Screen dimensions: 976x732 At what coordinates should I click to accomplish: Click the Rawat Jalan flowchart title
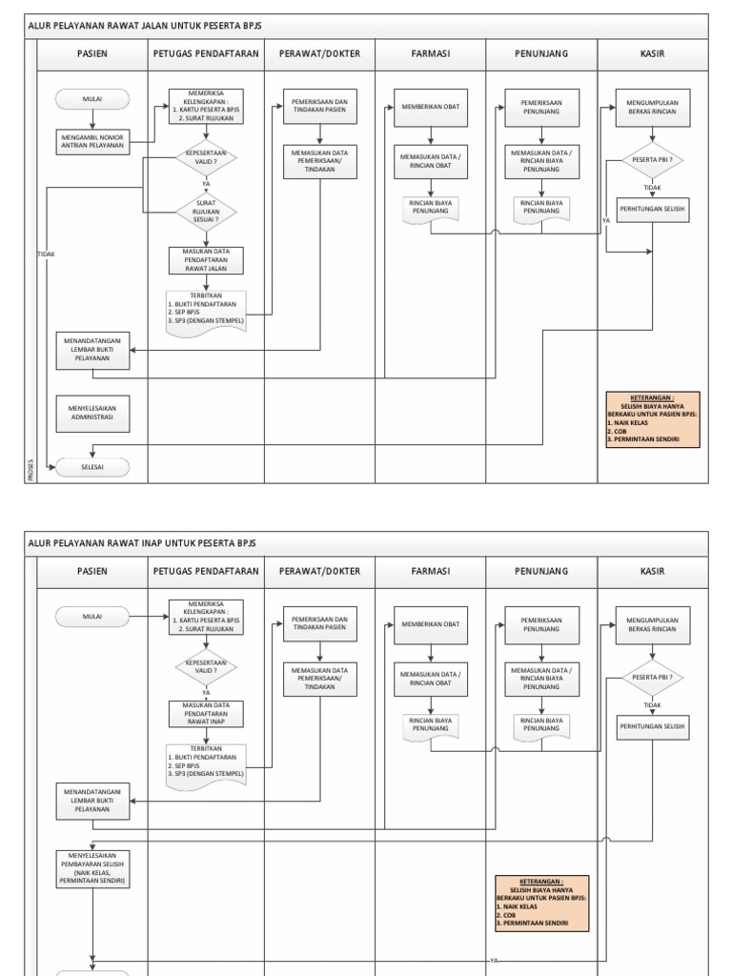145,26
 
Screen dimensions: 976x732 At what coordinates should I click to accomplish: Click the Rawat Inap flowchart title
142,543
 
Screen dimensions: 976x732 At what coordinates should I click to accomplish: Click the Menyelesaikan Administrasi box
92,414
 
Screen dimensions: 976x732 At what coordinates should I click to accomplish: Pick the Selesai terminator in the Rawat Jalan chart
92,467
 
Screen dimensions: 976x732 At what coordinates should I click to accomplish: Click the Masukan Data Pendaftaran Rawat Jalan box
206,259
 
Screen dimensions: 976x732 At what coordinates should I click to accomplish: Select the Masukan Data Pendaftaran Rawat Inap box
206,714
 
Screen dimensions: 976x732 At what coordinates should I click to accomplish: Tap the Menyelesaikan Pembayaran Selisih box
92,868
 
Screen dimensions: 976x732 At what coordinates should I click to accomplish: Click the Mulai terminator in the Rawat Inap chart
92,617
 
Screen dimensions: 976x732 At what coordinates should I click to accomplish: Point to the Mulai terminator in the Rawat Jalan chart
92,99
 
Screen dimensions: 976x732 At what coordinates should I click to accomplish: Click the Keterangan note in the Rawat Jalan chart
652,419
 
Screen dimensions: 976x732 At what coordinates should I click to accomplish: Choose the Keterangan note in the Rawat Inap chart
541,903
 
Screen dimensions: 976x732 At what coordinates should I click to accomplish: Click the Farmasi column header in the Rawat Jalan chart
431,54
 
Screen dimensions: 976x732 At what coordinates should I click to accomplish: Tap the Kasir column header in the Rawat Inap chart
653,572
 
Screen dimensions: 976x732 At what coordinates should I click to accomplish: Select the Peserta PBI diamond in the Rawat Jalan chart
652,160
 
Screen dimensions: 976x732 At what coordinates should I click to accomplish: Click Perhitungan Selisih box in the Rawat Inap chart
652,726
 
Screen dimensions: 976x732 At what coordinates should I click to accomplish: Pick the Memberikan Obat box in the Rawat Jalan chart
431,107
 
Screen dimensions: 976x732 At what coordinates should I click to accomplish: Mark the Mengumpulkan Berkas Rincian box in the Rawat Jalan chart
652,107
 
